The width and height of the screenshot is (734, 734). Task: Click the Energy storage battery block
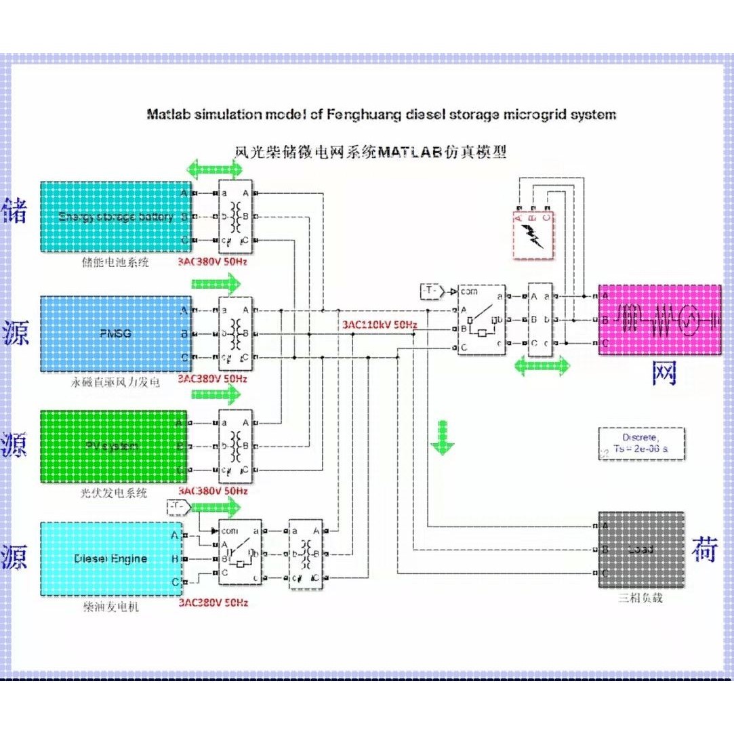(x=115, y=217)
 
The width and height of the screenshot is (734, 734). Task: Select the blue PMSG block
(x=115, y=333)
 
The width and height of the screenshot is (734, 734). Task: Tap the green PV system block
(x=114, y=446)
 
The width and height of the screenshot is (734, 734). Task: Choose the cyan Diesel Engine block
(x=110, y=559)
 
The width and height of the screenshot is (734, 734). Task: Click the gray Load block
(x=640, y=550)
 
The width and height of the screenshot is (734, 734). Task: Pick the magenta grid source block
(x=659, y=319)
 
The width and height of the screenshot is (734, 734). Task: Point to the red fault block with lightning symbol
(x=533, y=235)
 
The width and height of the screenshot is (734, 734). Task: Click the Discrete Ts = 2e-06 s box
(x=640, y=443)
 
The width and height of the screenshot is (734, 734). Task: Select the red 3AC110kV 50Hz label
(x=379, y=325)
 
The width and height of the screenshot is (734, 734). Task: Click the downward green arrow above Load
(x=443, y=437)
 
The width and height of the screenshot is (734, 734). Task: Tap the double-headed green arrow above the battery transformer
(x=213, y=169)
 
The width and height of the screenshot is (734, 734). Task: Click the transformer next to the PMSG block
(x=235, y=333)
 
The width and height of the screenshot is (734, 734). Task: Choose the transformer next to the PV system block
(x=235, y=445)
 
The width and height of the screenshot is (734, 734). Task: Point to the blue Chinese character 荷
(x=705, y=550)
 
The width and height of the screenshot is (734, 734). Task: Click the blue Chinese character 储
(x=15, y=210)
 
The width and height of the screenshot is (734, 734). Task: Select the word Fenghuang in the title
(x=359, y=114)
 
